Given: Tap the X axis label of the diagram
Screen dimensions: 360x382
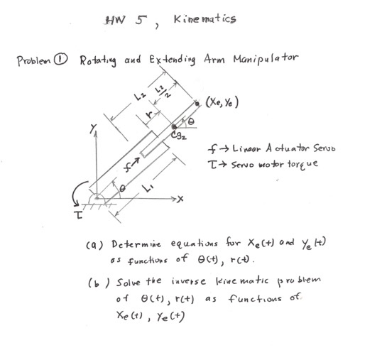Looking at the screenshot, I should [x=180, y=200].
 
